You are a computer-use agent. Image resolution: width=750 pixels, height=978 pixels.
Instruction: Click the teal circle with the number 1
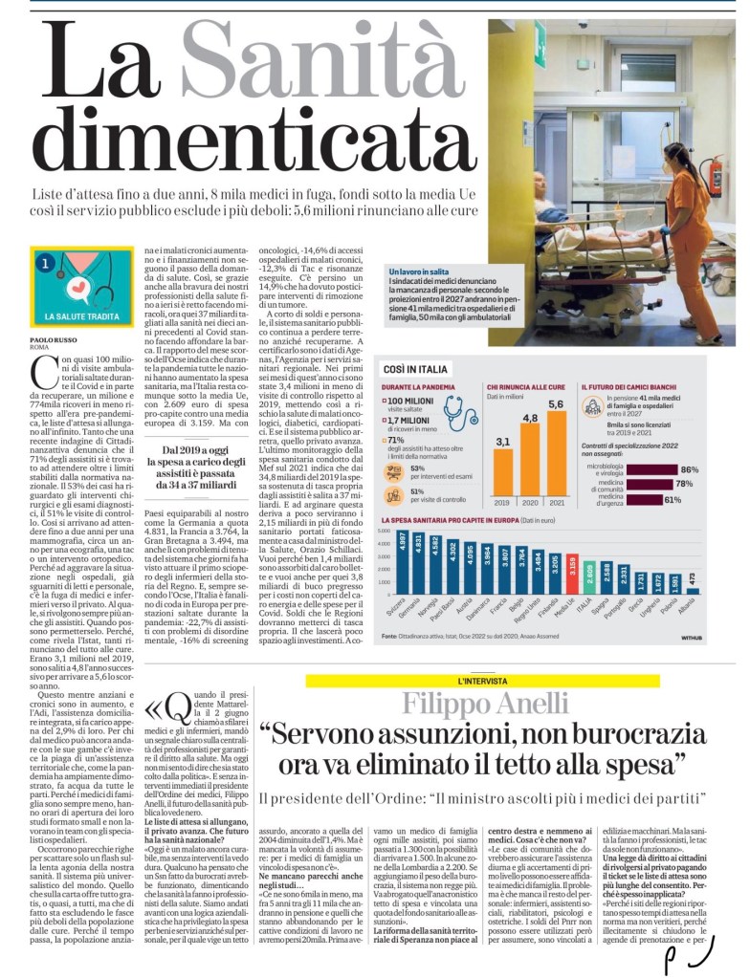[x=44, y=260]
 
